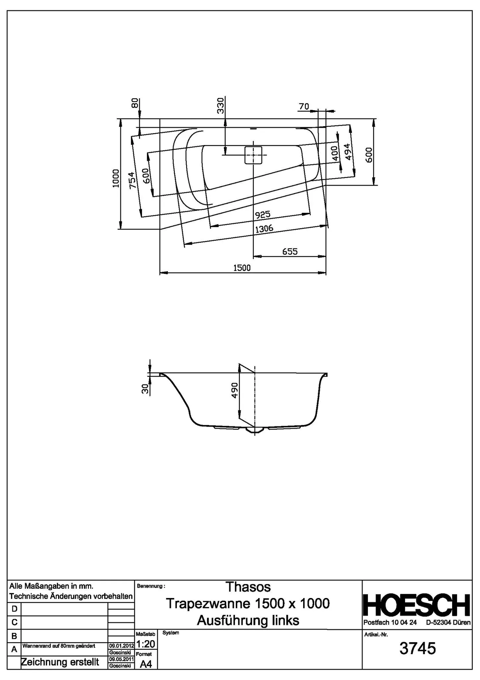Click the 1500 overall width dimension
(242, 268)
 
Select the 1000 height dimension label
(115, 178)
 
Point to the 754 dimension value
(132, 180)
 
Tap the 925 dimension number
(263, 215)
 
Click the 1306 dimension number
(264, 229)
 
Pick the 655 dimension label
(290, 252)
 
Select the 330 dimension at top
(221, 105)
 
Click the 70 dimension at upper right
(304, 107)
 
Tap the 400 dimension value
(335, 153)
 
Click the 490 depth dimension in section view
(235, 391)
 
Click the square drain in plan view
(253, 155)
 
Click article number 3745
(417, 648)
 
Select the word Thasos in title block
(248, 587)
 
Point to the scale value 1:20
(146, 644)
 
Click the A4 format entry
(146, 664)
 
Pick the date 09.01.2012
(121, 646)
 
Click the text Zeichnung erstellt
(60, 662)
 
